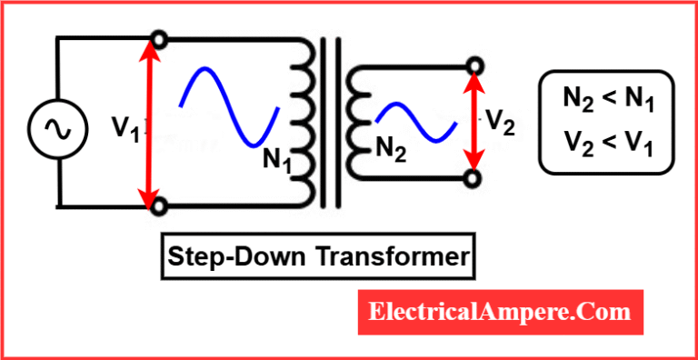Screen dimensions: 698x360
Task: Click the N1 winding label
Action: (278, 161)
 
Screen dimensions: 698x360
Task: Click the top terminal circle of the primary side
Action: (159, 40)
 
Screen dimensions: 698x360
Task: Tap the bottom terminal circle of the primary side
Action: (159, 207)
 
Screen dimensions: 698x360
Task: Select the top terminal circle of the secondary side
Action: (473, 66)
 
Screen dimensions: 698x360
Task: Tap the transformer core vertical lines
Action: (334, 123)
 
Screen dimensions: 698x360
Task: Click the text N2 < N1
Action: (606, 98)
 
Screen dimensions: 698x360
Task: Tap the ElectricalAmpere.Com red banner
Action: (499, 312)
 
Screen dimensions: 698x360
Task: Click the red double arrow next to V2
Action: (473, 122)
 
